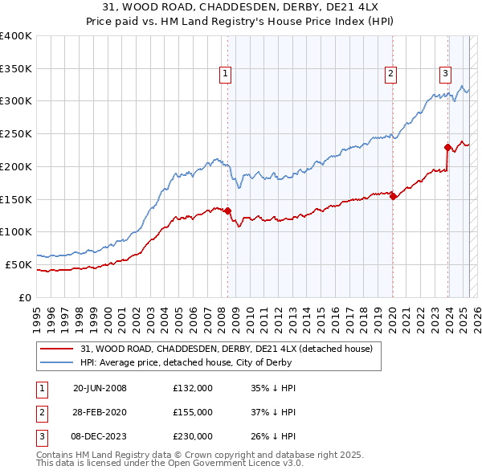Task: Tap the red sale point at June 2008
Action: pos(227,211)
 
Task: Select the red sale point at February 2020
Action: pos(393,196)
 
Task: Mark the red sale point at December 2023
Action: pos(447,147)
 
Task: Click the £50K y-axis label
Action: pos(19,264)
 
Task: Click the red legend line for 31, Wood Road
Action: pos(56,349)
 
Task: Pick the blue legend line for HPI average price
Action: pos(56,363)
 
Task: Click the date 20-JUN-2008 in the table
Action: pos(100,389)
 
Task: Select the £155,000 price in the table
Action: pos(193,412)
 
